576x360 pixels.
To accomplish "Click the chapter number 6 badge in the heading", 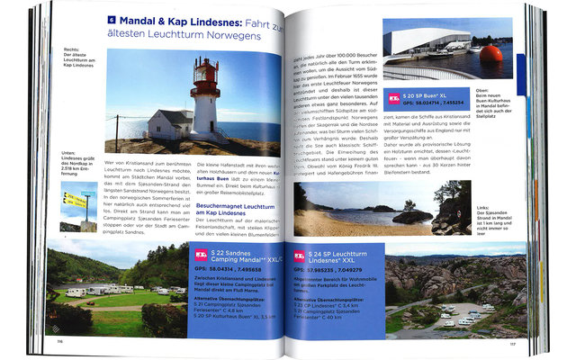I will click(x=112, y=19).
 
